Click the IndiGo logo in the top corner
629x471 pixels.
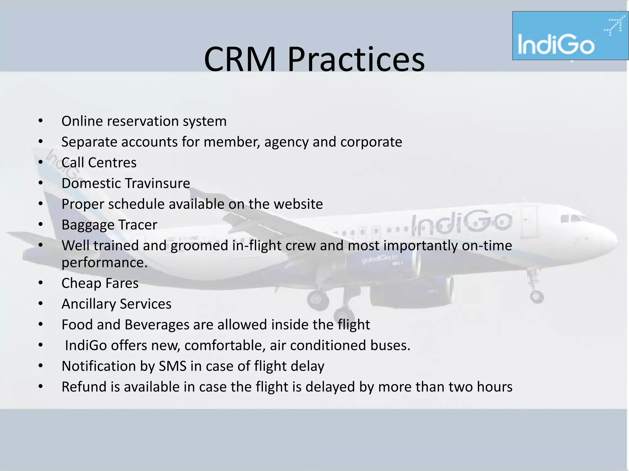click(570, 36)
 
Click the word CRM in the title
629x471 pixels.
click(240, 59)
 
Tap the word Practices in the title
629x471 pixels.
click(356, 59)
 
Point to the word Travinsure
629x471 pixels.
click(158, 183)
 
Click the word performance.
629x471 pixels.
click(104, 263)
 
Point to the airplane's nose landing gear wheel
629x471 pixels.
click(537, 297)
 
